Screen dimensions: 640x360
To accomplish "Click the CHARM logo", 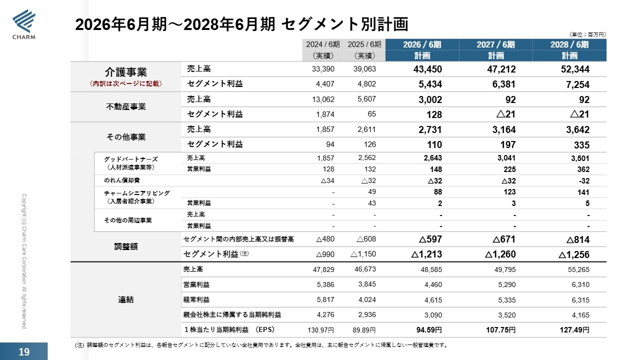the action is click(24, 24).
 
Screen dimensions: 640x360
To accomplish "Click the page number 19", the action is click(24, 351).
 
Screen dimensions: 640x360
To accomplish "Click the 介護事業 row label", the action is click(125, 72).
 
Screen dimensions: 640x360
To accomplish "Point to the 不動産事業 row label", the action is click(125, 106).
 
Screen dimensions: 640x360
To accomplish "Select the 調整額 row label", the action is click(125, 246).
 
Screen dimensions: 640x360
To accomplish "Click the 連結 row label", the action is click(125, 299).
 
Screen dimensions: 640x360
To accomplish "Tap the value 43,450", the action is click(427, 69).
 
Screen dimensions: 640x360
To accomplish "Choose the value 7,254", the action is click(577, 84).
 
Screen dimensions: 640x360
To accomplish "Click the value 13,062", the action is click(323, 99).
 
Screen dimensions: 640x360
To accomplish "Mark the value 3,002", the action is click(430, 99).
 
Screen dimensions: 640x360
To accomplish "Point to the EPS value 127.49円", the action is click(574, 330).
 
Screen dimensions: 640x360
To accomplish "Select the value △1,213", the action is click(426, 254).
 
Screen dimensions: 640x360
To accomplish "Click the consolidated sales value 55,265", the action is click(578, 269).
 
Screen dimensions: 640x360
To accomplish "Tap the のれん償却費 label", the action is click(121, 180).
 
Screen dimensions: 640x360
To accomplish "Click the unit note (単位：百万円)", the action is click(587, 34).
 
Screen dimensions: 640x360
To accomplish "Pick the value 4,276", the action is click(325, 315).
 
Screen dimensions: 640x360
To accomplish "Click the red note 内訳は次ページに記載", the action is click(125, 83).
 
